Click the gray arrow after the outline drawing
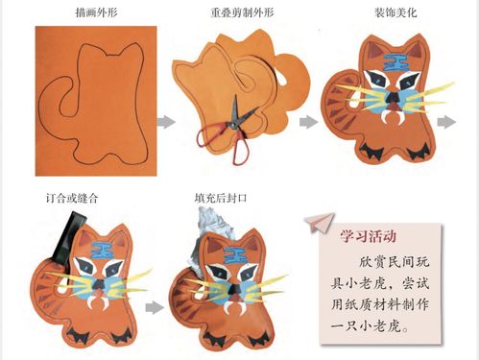point(166,122)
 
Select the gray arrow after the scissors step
point(307,122)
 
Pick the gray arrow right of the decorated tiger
point(447,122)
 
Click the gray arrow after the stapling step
point(151,308)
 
